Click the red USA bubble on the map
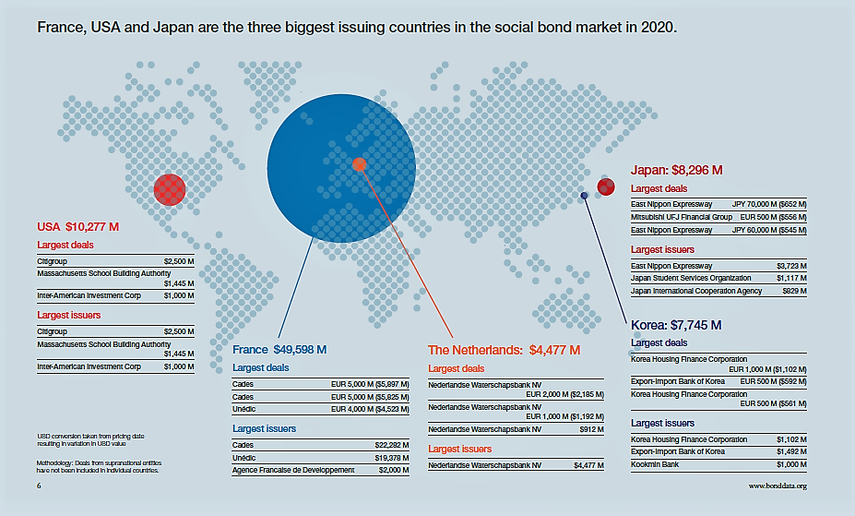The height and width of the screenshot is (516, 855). pos(169,190)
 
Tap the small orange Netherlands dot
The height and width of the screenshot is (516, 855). pos(360,164)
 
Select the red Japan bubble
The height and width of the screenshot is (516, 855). pos(606,187)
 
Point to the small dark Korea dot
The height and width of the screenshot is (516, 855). pos(584,195)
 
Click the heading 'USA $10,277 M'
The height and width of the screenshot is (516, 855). pos(78,227)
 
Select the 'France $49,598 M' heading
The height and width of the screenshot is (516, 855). pos(279,350)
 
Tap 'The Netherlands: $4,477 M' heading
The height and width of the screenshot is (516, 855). pos(505,350)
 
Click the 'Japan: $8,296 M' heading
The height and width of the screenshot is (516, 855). pos(676,170)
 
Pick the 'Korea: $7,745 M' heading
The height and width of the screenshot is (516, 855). pos(676,325)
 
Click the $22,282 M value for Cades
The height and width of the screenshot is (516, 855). pos(391,444)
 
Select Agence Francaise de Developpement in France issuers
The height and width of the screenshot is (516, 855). pos(292,470)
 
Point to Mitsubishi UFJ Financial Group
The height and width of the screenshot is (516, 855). pos(682,217)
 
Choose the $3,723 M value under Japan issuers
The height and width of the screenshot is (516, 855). pos(791,265)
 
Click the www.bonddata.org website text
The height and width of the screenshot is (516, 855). pos(778,486)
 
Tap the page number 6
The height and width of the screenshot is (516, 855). pos(39,486)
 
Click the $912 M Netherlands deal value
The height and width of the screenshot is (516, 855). pos(588,429)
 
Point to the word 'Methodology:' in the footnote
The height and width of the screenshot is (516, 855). pos(55,462)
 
